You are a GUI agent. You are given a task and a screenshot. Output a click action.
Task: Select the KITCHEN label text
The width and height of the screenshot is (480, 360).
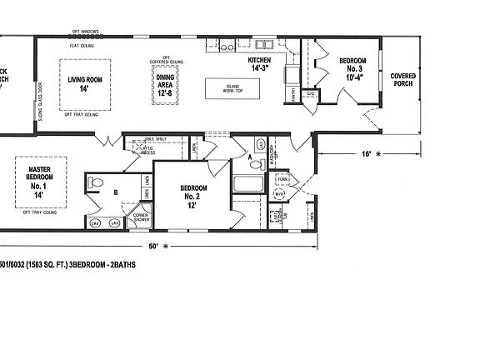tap(260, 64)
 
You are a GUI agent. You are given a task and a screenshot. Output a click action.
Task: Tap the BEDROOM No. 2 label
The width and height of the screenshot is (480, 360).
tap(192, 196)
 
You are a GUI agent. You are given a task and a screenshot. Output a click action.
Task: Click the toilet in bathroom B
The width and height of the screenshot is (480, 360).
tap(94, 183)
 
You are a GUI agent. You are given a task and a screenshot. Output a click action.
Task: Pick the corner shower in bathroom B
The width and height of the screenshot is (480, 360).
tap(139, 217)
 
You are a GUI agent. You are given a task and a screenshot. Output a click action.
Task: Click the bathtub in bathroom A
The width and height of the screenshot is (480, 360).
tap(248, 184)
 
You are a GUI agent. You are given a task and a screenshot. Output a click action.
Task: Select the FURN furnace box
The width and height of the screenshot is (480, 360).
tap(282, 179)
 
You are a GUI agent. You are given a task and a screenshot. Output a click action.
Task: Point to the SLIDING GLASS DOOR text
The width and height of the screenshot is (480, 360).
tap(40, 103)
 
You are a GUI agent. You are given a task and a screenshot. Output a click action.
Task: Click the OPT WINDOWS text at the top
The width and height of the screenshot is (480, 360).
tap(83, 31)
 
